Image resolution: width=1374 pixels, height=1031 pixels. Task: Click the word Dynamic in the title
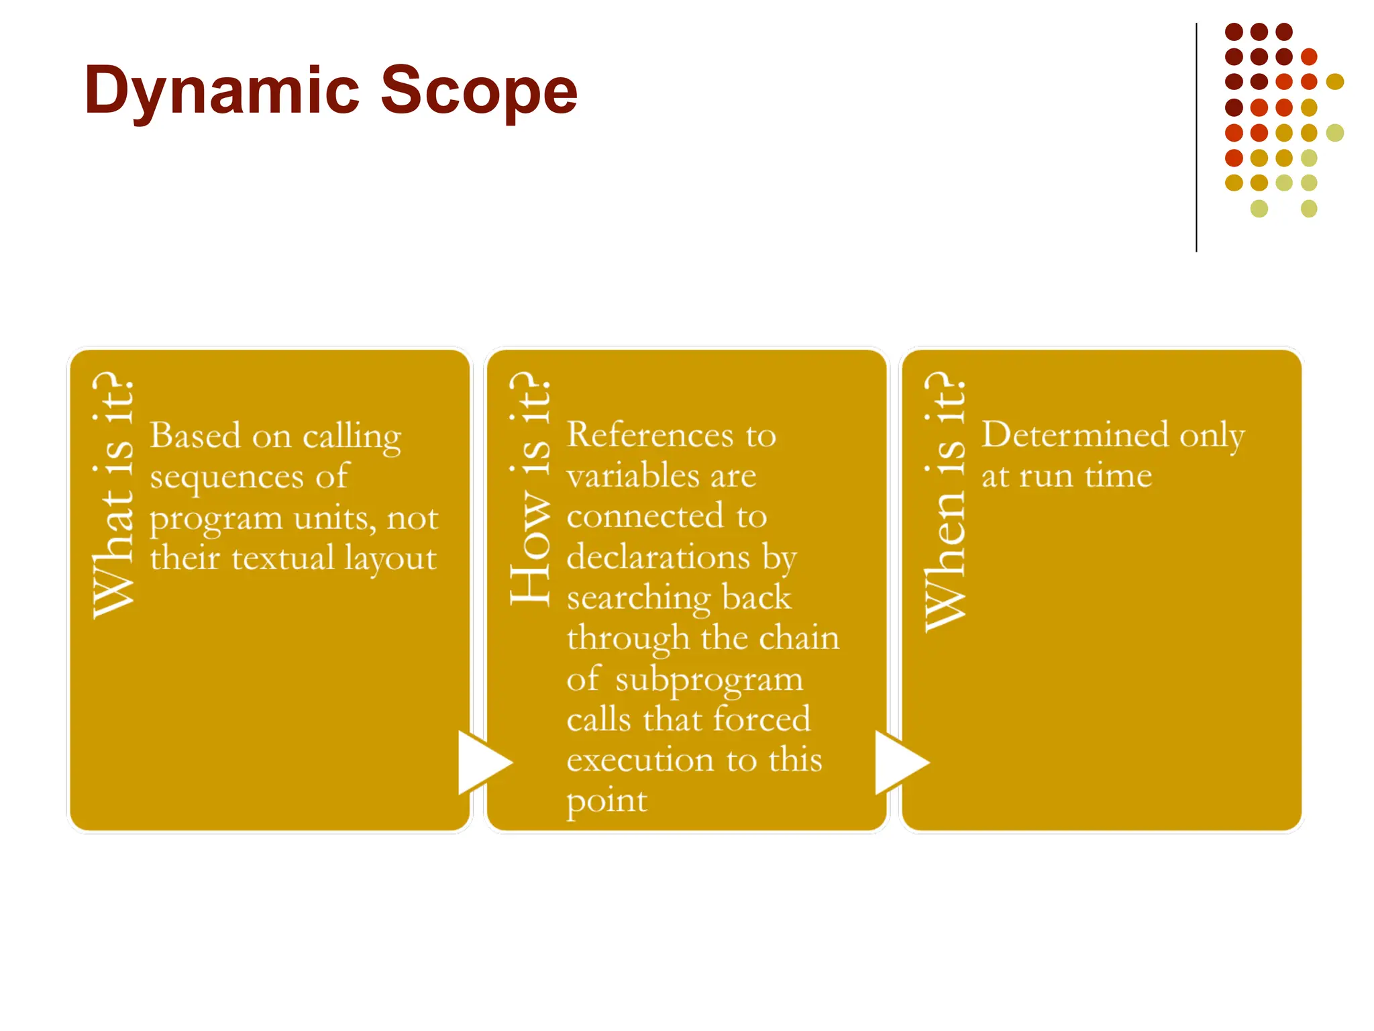tap(222, 91)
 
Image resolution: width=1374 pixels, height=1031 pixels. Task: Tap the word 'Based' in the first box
tap(195, 436)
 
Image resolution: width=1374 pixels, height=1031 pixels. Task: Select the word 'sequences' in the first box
tap(227, 477)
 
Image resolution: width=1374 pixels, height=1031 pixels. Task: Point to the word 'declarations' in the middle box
tap(657, 557)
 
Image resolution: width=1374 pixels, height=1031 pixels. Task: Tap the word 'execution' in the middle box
tap(639, 760)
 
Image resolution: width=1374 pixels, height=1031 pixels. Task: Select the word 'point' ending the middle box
tap(606, 801)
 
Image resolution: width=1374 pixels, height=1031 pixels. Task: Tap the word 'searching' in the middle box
tap(638, 598)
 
